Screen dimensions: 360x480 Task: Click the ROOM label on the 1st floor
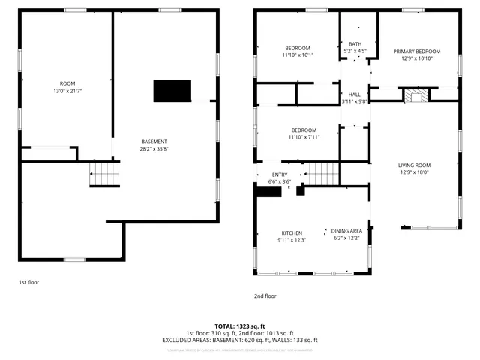coord(67,83)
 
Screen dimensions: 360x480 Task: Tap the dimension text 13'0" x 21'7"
coord(67,91)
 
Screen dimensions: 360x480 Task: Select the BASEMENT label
coord(154,142)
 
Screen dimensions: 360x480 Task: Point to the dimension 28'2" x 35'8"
coord(154,149)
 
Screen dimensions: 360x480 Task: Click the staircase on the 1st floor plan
coord(104,177)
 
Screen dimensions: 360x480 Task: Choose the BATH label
coord(355,44)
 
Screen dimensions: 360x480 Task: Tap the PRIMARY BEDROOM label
coord(416,52)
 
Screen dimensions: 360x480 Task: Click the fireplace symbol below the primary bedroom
coord(415,96)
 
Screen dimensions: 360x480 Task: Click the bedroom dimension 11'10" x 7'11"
coord(304,137)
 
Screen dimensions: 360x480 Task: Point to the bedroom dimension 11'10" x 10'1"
coord(298,55)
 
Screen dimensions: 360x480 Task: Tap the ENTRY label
coord(279,175)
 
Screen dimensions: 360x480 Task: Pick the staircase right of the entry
coord(323,174)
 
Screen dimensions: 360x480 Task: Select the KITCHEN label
coord(292,232)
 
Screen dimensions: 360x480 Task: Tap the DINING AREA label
coord(347,231)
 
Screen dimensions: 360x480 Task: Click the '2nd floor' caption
coord(265,295)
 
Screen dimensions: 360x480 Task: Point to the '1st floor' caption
coord(28,282)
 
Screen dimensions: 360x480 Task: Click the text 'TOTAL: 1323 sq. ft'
coord(239,327)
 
